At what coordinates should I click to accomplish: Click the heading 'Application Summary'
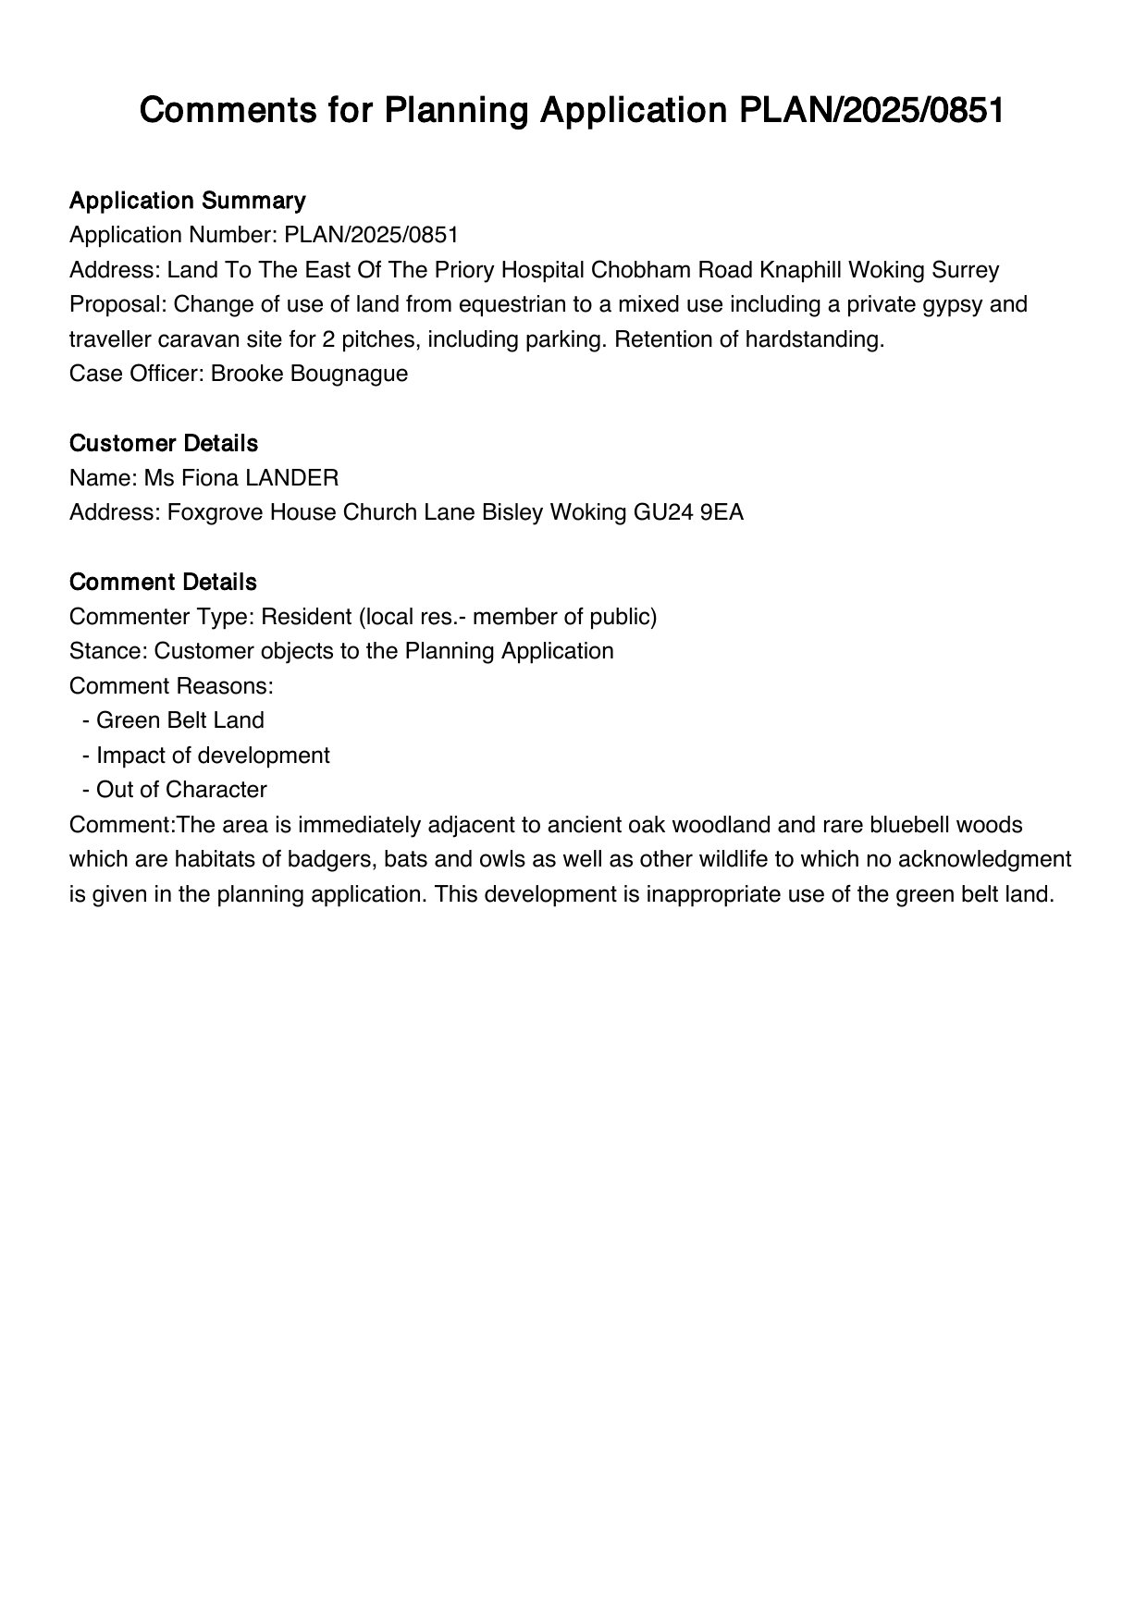point(187,201)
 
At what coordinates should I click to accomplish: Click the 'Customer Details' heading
point(163,444)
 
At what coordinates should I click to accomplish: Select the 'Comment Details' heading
point(163,583)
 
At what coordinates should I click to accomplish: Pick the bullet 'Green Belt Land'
point(179,720)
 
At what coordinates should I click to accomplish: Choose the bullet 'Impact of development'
point(213,756)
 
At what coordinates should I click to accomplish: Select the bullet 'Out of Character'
point(181,790)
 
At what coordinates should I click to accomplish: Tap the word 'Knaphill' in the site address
point(800,270)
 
